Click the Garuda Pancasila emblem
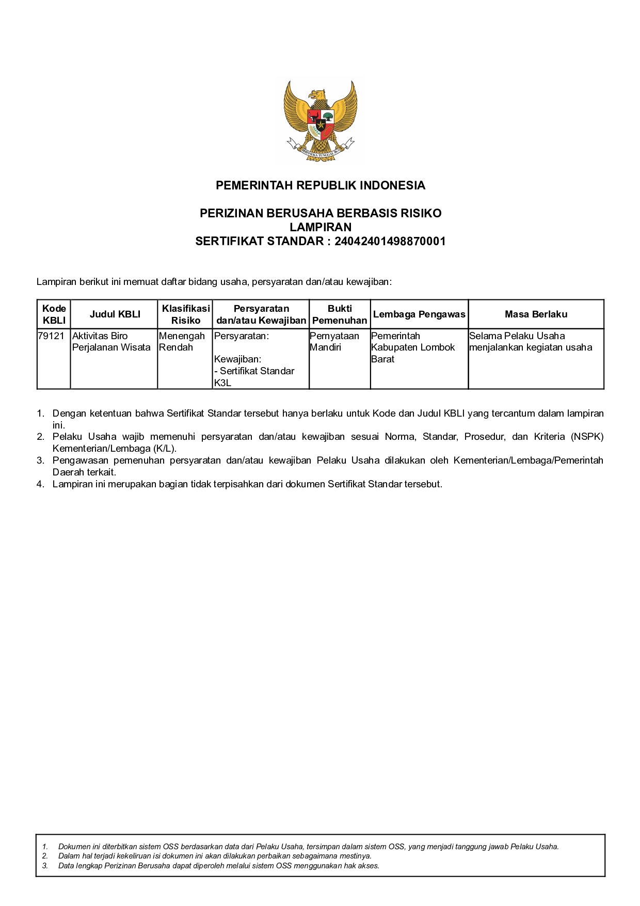(320, 121)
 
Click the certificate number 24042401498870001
(390, 241)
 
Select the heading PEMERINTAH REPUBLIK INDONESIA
(320, 185)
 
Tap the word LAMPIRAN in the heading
(320, 227)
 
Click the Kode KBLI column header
(54, 314)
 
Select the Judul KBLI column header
(115, 314)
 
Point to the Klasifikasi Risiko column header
(185, 314)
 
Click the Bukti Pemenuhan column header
(340, 314)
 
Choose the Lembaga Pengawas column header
(419, 314)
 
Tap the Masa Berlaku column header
(536, 314)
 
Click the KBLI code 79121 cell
(51, 336)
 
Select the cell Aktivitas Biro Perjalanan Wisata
(111, 342)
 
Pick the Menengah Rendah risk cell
(181, 342)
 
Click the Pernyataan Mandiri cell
(334, 342)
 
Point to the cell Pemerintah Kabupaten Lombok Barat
(412, 347)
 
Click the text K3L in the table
(222, 383)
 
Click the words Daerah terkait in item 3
(84, 472)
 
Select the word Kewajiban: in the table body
(237, 359)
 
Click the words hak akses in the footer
(363, 866)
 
